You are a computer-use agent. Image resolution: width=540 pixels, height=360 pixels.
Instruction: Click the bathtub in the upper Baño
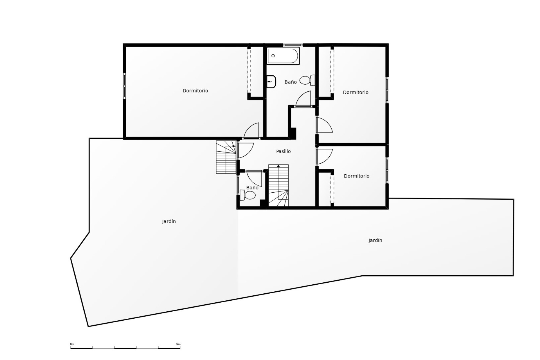[283, 56]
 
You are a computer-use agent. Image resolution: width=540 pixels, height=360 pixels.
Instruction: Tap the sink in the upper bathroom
[271, 82]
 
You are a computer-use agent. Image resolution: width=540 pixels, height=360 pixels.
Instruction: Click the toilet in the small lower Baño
[248, 195]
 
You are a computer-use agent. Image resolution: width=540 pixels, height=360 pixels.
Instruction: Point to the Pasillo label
[283, 151]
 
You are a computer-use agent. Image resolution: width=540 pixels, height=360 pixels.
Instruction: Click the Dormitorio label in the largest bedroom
[195, 91]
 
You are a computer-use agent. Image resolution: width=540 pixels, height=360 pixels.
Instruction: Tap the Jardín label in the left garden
[169, 221]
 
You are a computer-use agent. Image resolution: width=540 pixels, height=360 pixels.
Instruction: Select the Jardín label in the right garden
[375, 240]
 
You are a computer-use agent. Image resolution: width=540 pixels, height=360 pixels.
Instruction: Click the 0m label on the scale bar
[72, 344]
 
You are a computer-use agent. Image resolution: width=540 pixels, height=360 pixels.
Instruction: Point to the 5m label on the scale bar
[178, 344]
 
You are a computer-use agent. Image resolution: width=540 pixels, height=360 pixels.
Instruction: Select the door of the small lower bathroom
[255, 178]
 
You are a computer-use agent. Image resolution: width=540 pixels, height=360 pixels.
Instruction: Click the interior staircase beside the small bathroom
[278, 185]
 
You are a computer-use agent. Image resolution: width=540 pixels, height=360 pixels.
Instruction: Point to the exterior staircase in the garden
[226, 157]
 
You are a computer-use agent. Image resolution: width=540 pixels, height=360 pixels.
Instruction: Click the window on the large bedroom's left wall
[125, 86]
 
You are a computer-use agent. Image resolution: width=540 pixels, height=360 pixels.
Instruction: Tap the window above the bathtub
[292, 45]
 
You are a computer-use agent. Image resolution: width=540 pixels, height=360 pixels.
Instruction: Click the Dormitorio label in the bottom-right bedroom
[356, 176]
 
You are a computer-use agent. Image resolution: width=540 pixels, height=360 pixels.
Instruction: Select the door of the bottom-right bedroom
[324, 157]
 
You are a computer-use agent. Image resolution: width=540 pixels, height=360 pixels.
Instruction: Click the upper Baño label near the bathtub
[291, 82]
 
